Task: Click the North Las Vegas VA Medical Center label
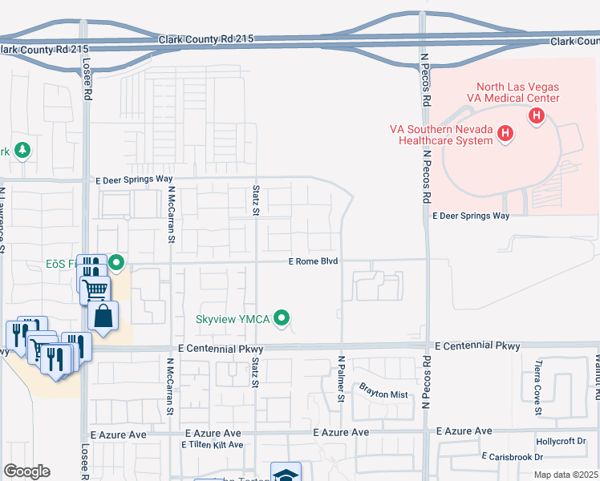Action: (517, 92)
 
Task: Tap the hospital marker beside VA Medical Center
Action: (537, 117)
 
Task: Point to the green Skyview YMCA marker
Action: (282, 319)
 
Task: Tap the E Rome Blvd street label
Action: (314, 261)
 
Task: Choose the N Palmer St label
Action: (341, 379)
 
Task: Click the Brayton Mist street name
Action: (384, 394)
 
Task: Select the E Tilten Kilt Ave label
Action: (212, 445)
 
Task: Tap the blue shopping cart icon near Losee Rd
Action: (95, 289)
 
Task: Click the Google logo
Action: (26, 471)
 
